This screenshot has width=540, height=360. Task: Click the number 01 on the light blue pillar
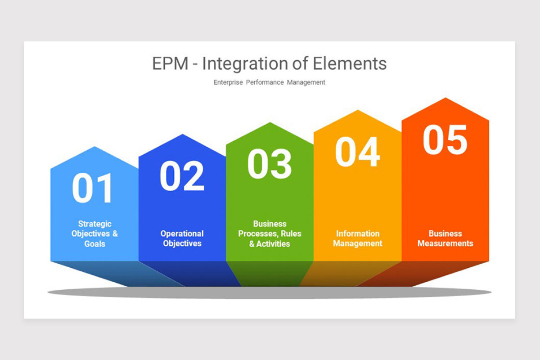pyautogui.click(x=93, y=188)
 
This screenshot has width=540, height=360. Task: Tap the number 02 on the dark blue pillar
pyautogui.click(x=182, y=176)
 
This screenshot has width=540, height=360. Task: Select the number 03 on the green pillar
pyautogui.click(x=270, y=164)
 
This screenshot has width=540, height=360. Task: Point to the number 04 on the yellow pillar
pyautogui.click(x=357, y=152)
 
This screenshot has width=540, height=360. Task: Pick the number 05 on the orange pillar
pyautogui.click(x=445, y=140)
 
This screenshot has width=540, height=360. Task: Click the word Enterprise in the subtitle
pyautogui.click(x=228, y=82)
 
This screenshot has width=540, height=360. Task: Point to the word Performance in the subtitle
pyautogui.click(x=265, y=82)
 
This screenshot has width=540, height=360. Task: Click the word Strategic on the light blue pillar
pyautogui.click(x=94, y=224)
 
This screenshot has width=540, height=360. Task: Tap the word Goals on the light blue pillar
pyautogui.click(x=94, y=244)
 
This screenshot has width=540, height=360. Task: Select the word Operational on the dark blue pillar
pyautogui.click(x=182, y=234)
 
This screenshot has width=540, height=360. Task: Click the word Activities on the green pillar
pyautogui.click(x=273, y=244)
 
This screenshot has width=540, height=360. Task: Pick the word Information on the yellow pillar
pyautogui.click(x=357, y=234)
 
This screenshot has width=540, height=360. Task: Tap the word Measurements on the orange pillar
pyautogui.click(x=445, y=243)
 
